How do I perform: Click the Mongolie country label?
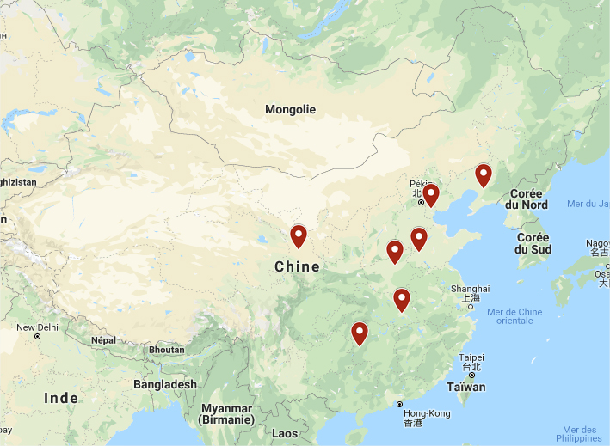[x=290, y=109]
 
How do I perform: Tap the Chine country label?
[x=297, y=267]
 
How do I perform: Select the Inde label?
[x=61, y=398]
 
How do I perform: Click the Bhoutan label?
[x=166, y=350]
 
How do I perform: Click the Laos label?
[x=284, y=434]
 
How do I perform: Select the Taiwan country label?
[x=465, y=387]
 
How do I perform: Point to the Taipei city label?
[x=471, y=357]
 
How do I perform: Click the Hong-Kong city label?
[x=428, y=413]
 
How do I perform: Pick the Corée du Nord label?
[x=528, y=199]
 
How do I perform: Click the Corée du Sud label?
[x=533, y=243]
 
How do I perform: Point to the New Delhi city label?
[x=37, y=327]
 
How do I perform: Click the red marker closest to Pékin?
[x=431, y=195]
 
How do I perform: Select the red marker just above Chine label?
[x=299, y=235]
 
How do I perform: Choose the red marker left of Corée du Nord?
[x=484, y=175]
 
